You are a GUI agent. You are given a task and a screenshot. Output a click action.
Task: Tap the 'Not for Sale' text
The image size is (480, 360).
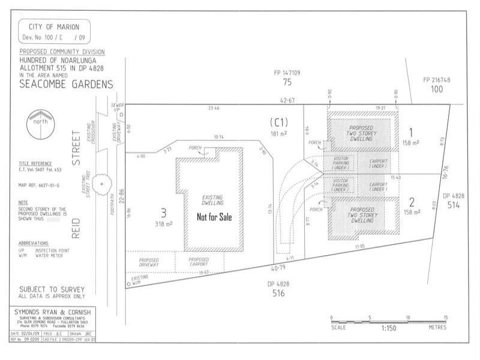(x=214, y=217)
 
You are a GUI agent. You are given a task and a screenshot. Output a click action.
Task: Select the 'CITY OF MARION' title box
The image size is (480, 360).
(x=55, y=31)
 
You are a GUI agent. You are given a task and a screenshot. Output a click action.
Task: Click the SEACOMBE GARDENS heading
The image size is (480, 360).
(x=58, y=85)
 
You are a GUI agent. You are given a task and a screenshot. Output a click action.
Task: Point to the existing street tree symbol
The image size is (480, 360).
(x=102, y=184)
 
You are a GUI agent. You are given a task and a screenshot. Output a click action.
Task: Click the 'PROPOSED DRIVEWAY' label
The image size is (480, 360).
(x=149, y=261)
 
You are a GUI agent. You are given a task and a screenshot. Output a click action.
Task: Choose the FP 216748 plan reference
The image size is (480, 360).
(x=436, y=80)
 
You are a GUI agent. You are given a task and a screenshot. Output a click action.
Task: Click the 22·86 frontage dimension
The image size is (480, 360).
(x=121, y=196)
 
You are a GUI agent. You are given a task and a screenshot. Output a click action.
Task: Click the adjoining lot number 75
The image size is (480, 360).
(x=287, y=82)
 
